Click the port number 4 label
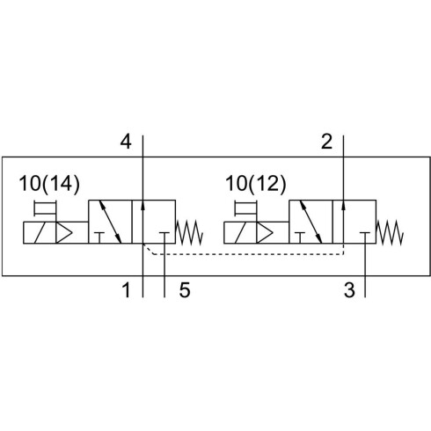[126, 142]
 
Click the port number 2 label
[326, 142]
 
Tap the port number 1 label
[126, 290]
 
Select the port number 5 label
[185, 290]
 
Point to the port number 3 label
[349, 290]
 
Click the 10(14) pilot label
[49, 184]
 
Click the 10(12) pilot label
[255, 184]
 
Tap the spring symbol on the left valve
[189, 233]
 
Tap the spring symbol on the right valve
[390, 233]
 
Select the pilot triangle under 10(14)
[62, 233]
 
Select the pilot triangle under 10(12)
[264, 233]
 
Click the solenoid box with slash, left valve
[40, 233]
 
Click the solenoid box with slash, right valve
[240, 233]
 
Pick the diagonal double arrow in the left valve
[110, 222]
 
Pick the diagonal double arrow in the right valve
[310, 222]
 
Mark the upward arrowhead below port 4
[142, 205]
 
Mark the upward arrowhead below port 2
[343, 205]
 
